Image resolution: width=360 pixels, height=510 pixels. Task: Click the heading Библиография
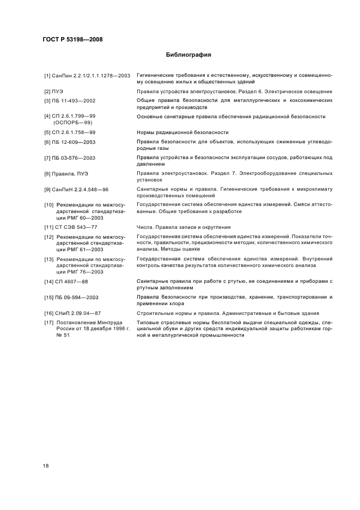[x=188, y=54]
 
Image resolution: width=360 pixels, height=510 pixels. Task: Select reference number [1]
[x=47, y=75]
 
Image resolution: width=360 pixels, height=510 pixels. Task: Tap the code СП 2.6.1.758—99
[x=73, y=132]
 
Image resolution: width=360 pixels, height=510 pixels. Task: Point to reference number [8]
[x=47, y=174]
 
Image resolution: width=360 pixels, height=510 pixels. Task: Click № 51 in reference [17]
[x=60, y=335]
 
